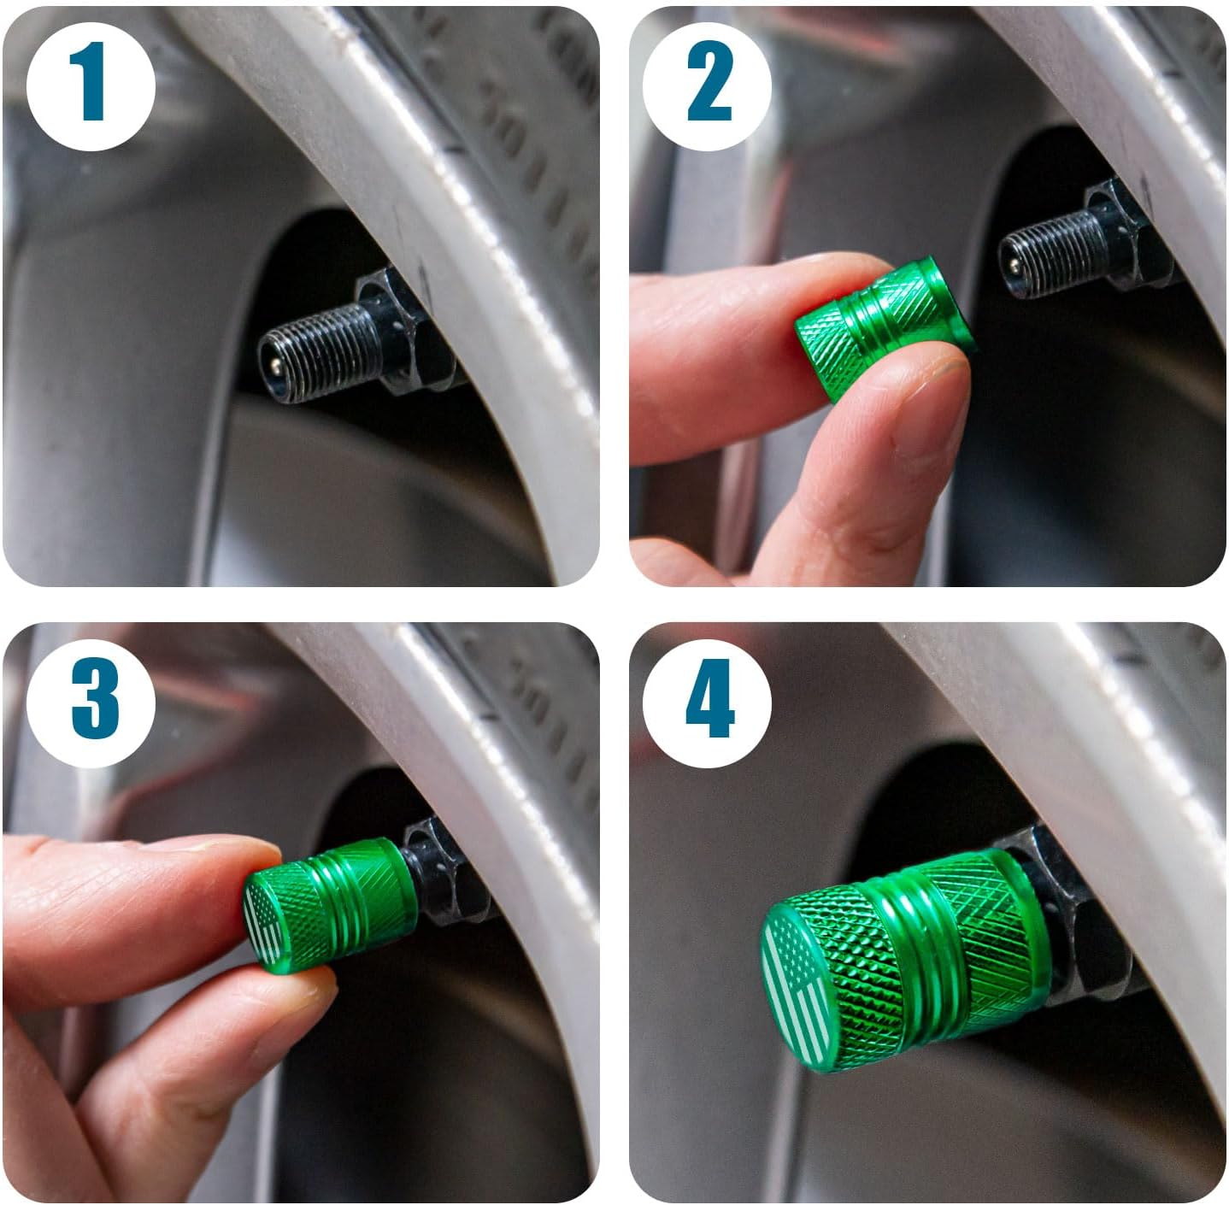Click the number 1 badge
point(91,85)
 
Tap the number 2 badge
point(708,85)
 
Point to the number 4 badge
point(708,701)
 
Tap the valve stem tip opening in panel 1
point(271,364)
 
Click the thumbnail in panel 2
point(932,427)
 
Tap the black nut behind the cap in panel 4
point(1077,923)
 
